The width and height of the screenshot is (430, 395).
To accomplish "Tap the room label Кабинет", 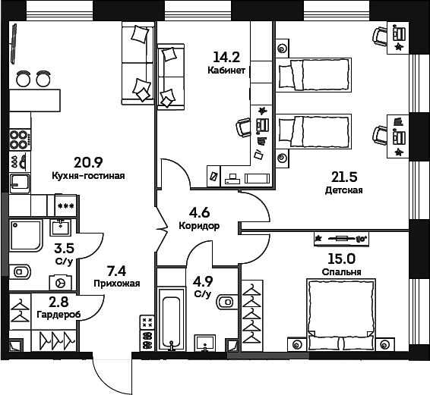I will [226, 71].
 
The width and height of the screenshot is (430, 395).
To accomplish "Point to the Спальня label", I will [340, 271].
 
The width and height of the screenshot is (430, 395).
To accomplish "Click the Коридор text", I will [200, 226].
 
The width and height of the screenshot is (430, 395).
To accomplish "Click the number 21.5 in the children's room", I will [343, 177].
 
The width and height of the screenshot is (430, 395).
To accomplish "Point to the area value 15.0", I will [340, 258].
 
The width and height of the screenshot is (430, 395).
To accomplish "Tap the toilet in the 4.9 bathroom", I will [225, 303].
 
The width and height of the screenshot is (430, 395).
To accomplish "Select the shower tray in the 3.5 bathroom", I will [28, 237].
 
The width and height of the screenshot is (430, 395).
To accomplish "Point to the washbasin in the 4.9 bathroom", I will [204, 343].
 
